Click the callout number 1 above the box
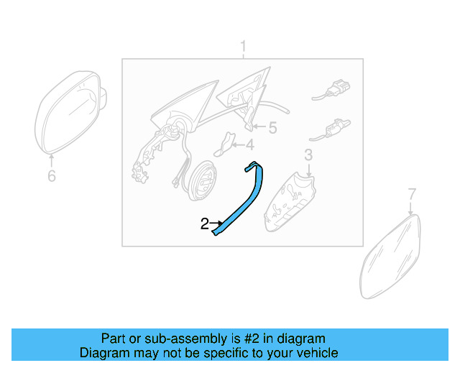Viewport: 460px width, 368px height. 243,47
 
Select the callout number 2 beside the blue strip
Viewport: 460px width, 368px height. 204,224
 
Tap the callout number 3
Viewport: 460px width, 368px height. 308,154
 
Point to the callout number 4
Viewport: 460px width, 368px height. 249,144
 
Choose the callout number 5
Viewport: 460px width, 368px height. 272,128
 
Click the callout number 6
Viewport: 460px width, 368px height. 51,175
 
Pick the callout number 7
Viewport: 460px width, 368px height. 412,193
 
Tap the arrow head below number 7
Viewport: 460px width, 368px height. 411,212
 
